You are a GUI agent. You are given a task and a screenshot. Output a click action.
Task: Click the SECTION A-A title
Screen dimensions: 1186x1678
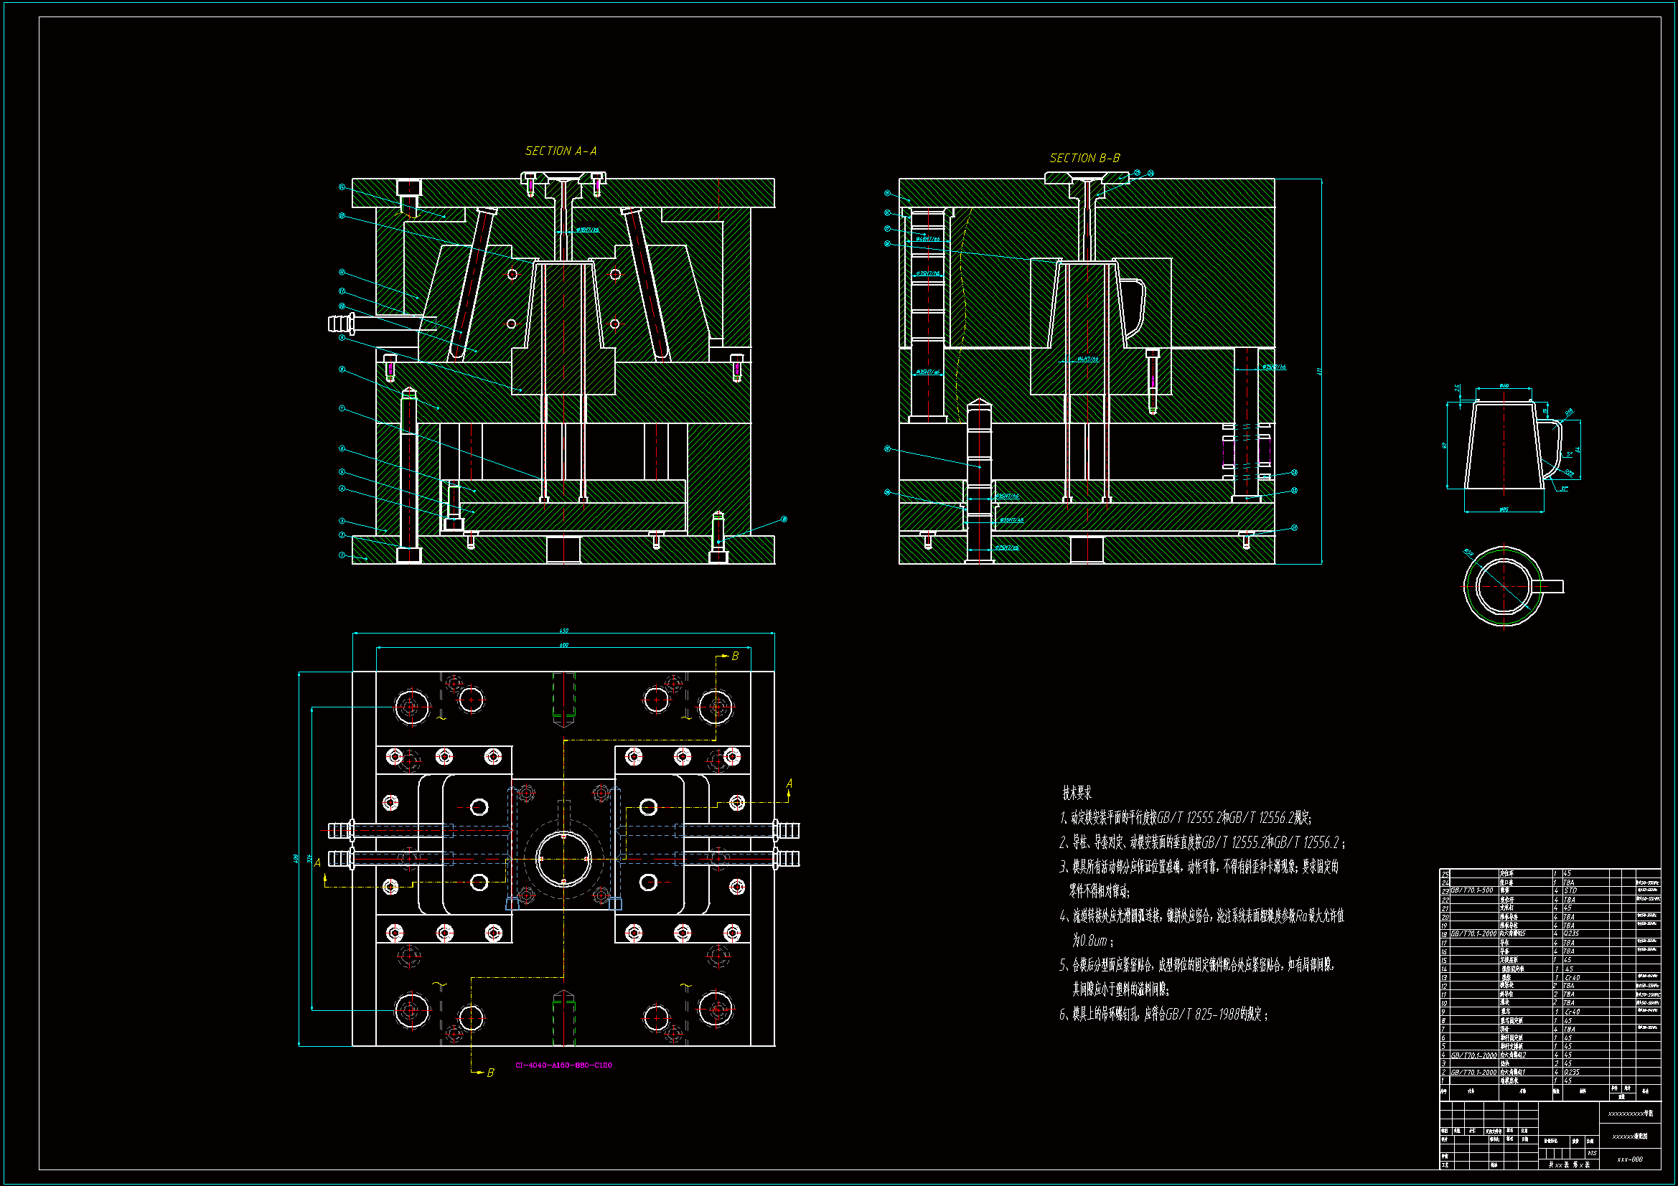[x=561, y=151]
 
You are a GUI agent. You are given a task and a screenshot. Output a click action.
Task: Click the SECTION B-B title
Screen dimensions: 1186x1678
[x=1084, y=159]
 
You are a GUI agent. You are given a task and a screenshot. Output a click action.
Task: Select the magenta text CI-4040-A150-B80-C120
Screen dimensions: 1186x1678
[x=563, y=1065]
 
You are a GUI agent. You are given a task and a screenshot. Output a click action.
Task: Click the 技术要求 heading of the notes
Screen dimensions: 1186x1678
[x=1077, y=793]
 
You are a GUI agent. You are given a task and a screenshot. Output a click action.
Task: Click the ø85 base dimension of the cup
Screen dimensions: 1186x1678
[x=1504, y=509]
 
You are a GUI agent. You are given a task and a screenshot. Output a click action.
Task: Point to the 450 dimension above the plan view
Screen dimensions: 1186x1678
[x=563, y=631]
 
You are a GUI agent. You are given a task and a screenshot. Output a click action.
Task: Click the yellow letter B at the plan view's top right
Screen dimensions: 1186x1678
[x=734, y=656]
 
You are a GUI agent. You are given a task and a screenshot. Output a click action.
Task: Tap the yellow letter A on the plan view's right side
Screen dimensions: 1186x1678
[x=789, y=784]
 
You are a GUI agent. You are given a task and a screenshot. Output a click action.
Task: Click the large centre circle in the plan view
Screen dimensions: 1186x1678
[x=563, y=859]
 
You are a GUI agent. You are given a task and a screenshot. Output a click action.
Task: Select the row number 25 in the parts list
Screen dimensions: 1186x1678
[x=1445, y=874]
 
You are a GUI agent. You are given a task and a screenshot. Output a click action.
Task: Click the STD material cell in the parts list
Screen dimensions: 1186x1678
[x=1570, y=891]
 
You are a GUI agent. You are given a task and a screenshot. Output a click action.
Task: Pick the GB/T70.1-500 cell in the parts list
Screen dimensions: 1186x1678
[x=1473, y=891]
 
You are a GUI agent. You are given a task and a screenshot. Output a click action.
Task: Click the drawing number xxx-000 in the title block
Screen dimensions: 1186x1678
[x=1630, y=1159]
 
